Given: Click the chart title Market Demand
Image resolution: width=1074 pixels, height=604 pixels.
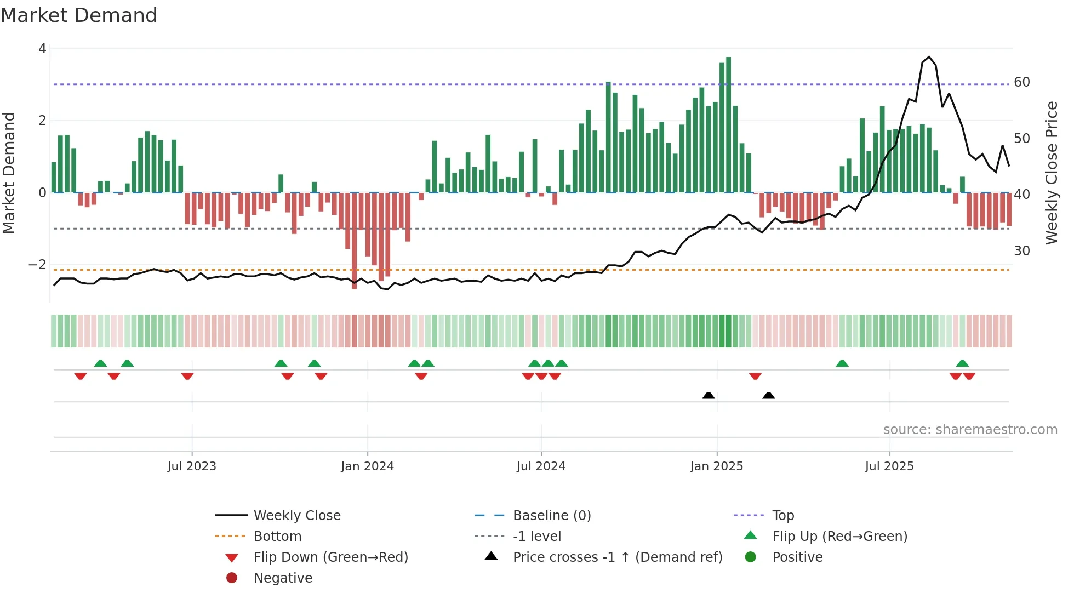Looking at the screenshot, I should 79,15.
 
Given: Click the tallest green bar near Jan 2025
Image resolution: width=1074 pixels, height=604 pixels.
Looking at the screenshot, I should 728,125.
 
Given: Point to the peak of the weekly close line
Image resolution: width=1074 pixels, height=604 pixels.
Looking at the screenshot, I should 929,57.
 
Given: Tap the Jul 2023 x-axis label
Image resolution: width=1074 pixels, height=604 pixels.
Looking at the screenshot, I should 192,466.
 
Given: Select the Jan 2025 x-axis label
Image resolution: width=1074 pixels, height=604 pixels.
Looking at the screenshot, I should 716,466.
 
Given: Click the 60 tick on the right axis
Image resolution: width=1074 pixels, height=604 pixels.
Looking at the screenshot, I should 1022,82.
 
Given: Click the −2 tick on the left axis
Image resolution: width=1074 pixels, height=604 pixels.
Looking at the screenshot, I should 37,265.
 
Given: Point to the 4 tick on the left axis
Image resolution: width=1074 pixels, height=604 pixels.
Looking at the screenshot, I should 42,49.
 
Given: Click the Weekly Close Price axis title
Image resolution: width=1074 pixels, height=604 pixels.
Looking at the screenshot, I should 1051,173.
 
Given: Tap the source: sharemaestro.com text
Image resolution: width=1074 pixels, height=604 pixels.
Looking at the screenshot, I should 970,430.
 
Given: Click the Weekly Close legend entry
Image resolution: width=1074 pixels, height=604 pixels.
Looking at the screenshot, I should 296,516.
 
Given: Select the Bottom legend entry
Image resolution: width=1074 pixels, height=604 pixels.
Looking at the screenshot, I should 277,537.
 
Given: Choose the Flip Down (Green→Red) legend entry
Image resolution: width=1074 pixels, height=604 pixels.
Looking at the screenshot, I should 330,557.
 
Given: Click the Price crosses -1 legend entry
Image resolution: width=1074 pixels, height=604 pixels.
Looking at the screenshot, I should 617,557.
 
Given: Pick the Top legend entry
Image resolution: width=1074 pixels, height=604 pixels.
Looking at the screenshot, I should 783,516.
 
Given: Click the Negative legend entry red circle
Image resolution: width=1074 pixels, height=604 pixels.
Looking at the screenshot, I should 232,578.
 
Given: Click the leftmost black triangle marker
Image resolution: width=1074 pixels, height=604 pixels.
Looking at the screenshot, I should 709,395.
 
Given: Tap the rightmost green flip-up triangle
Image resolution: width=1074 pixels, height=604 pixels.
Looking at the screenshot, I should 962,363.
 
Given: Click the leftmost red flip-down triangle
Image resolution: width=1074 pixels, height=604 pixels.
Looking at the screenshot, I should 81,376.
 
